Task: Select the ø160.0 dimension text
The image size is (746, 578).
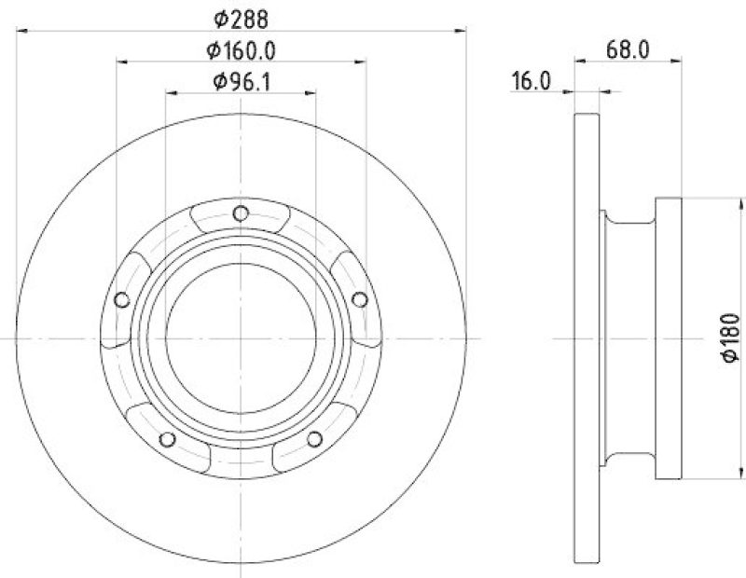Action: (241, 50)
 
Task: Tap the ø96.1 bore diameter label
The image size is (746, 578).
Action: (241, 82)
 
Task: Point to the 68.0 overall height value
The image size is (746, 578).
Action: (627, 50)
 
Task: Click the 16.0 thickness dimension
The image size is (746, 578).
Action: (530, 82)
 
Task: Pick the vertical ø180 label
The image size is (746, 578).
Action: (730, 337)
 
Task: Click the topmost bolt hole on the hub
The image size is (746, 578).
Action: (241, 213)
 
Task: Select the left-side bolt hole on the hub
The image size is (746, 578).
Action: (121, 299)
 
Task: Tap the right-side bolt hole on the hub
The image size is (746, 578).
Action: (360, 298)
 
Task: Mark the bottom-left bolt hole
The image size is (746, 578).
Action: (167, 439)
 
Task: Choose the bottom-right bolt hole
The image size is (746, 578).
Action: (314, 439)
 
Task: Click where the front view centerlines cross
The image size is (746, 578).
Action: (241, 338)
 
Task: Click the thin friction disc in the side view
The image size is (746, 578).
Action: (586, 337)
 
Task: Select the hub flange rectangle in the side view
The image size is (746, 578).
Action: (670, 337)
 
